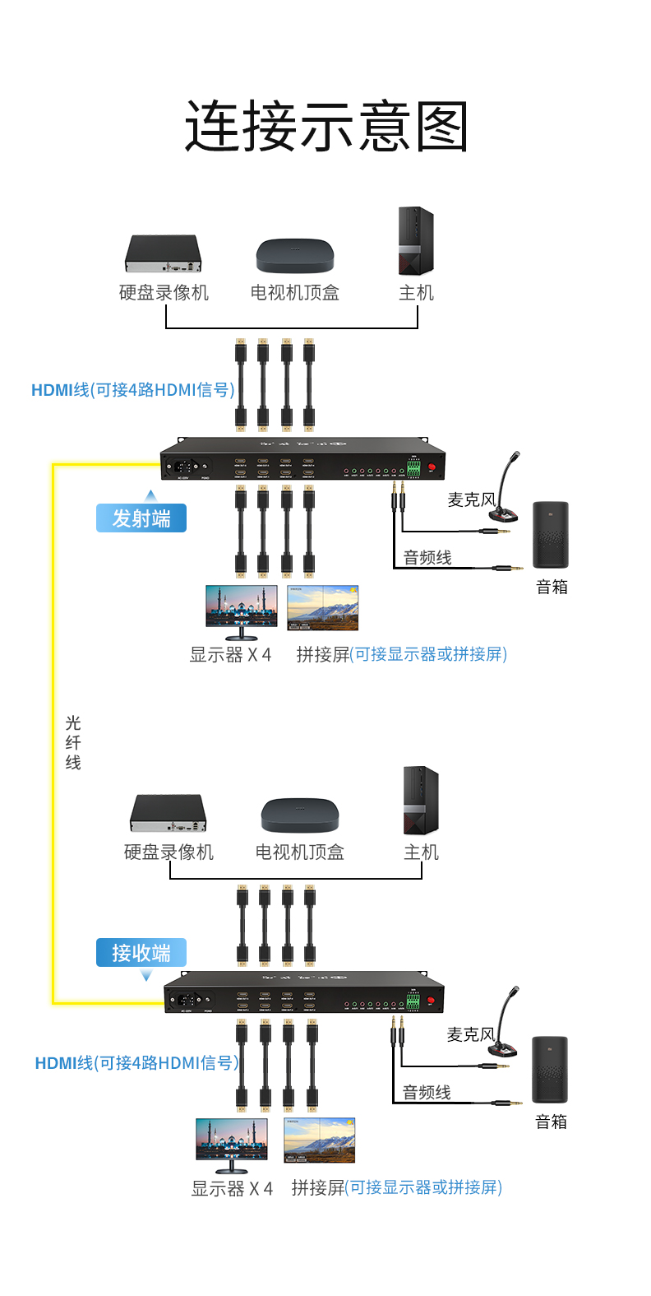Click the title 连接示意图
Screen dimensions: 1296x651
click(325, 127)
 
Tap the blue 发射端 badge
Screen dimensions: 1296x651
click(141, 519)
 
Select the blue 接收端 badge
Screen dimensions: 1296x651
click(141, 953)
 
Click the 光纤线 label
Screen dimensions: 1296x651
click(73, 742)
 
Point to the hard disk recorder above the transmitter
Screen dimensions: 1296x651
click(164, 253)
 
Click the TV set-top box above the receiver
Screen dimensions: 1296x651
click(299, 815)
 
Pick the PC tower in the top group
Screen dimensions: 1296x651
click(416, 241)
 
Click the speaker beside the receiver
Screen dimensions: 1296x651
click(550, 1070)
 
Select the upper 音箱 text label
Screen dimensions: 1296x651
click(552, 588)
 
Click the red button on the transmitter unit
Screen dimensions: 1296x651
click(432, 467)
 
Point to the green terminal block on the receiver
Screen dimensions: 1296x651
click(413, 1001)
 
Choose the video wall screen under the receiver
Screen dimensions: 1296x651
click(319, 1140)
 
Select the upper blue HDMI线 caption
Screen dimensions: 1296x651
click(132, 390)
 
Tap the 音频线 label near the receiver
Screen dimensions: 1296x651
click(427, 1093)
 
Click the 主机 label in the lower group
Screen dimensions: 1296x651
click(421, 852)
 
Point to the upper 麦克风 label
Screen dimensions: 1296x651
click(471, 499)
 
